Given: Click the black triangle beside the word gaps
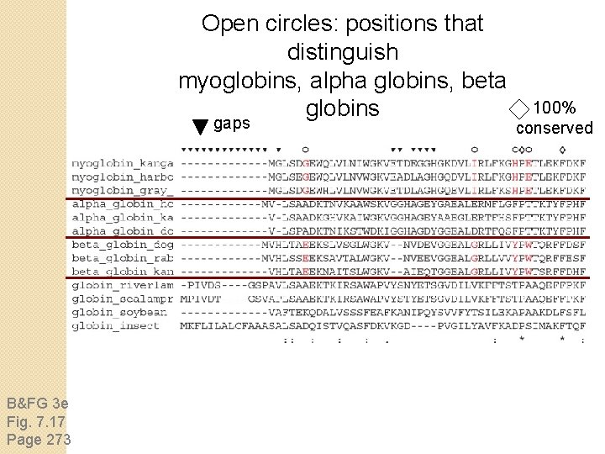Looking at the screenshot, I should click(199, 127).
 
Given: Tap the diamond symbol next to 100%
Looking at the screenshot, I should click(520, 108).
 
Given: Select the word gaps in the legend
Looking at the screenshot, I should click(232, 124).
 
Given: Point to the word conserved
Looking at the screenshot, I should click(554, 128).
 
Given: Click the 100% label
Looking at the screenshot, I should click(555, 108).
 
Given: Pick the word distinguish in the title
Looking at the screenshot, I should click(342, 52).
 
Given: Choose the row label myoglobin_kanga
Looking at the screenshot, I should click(123, 163).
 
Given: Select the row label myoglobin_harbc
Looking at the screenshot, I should click(123, 177).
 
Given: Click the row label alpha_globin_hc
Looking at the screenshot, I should click(123, 204).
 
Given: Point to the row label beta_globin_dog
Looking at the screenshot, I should click(123, 245).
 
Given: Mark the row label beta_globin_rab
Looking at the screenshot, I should click(123, 258).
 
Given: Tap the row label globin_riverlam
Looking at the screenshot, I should click(123, 285).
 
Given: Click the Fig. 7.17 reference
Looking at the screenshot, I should click(35, 421).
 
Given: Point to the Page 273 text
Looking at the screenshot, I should click(39, 439).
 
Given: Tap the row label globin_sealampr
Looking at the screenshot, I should click(123, 298).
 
